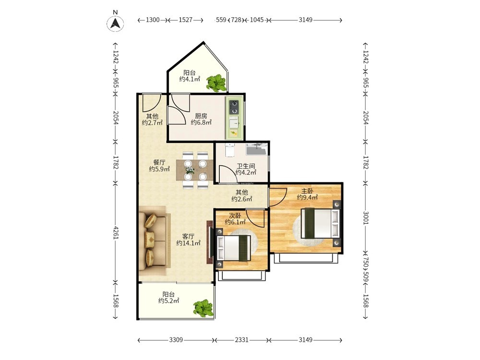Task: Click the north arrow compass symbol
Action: [115, 23]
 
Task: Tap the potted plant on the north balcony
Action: [217, 83]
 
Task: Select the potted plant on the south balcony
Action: [203, 308]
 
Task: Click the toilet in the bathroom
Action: [229, 149]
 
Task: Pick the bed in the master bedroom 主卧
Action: [321, 223]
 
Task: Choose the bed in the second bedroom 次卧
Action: [234, 248]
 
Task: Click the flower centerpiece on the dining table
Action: [190, 170]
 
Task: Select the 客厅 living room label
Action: [188, 236]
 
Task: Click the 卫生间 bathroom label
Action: [246, 166]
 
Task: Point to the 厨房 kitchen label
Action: [201, 116]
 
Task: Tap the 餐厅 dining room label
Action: [159, 162]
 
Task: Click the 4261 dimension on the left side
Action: [116, 232]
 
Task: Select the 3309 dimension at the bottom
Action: [176, 340]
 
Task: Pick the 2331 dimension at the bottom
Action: [241, 340]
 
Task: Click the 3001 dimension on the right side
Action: [365, 217]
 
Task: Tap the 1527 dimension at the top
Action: [185, 20]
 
